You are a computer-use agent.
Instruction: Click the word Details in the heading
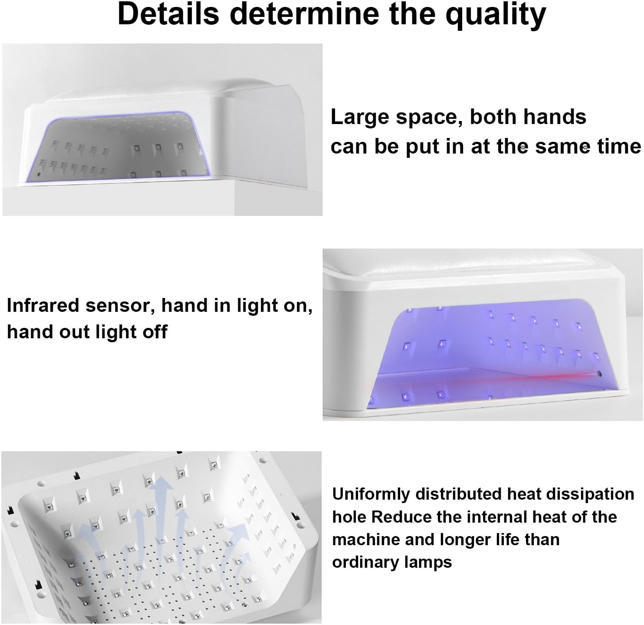click(x=168, y=14)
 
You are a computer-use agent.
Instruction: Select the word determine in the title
click(x=305, y=14)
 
